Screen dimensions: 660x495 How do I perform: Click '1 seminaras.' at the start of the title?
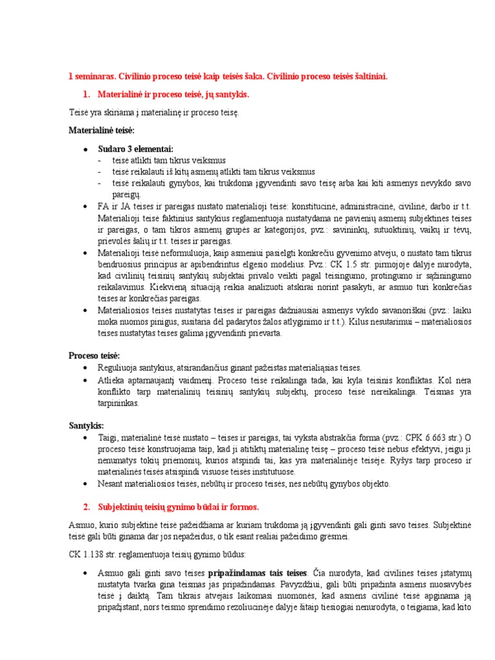pos(92,77)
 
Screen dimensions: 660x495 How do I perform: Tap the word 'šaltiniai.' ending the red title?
pos(370,77)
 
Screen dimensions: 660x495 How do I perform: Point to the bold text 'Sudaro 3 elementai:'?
pos(135,148)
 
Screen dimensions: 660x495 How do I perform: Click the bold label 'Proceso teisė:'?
pos(95,355)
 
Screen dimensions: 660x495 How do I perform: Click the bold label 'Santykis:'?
pos(86,426)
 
